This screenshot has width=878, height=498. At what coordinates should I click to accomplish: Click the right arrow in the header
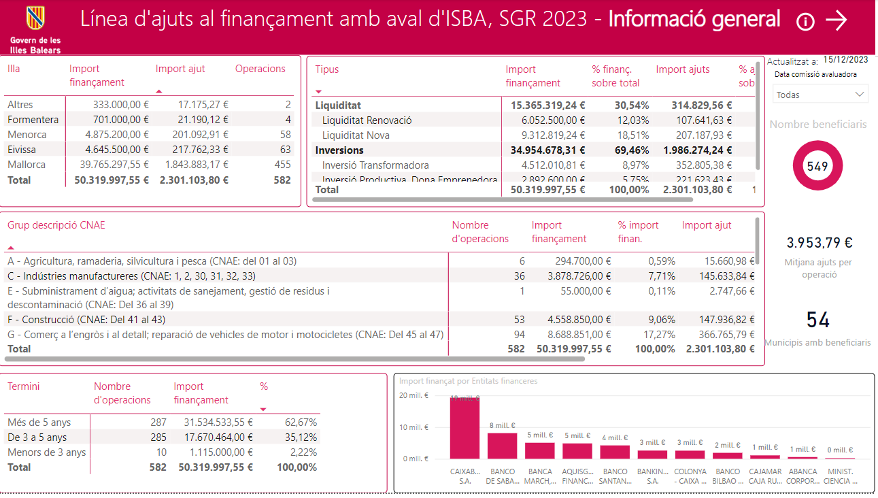(x=837, y=21)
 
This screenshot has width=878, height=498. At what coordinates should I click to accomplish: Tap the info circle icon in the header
(x=805, y=22)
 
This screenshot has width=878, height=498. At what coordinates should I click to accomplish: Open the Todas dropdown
(x=820, y=95)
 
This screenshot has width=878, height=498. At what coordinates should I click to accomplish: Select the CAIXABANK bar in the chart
(x=465, y=429)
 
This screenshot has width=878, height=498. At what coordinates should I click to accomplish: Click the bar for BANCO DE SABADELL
(x=502, y=446)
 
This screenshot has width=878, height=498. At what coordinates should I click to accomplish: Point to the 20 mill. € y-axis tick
(x=413, y=395)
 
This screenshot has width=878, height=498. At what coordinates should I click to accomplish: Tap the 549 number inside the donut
(x=817, y=166)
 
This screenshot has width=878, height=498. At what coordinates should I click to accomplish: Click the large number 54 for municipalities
(x=817, y=320)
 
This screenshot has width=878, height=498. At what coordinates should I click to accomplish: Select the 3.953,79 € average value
(x=820, y=243)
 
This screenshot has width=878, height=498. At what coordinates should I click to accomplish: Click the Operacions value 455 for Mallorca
(x=282, y=165)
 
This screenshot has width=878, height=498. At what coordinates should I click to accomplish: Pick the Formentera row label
(x=33, y=120)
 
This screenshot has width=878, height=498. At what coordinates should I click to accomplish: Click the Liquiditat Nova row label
(x=356, y=135)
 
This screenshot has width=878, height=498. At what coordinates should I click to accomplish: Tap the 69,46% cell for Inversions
(x=632, y=150)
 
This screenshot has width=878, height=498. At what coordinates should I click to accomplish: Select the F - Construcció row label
(x=86, y=319)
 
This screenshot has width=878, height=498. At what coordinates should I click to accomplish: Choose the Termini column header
(x=24, y=386)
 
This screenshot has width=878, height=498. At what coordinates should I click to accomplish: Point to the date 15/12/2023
(x=845, y=60)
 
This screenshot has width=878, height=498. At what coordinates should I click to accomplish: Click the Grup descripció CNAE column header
(x=56, y=225)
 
